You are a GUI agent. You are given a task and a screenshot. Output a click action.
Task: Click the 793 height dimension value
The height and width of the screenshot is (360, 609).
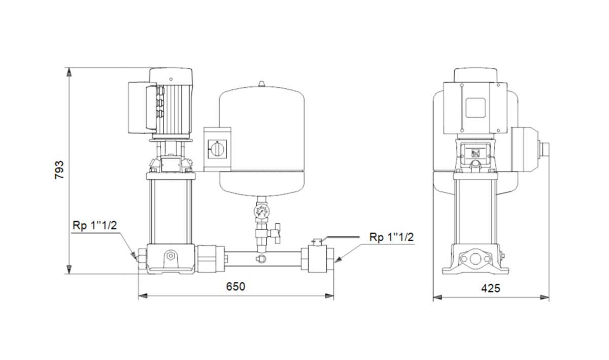point(59,170)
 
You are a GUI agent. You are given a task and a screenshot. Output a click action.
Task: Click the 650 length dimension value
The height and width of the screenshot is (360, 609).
point(235,286)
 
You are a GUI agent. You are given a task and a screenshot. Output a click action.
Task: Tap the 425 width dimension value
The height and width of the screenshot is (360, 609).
point(491,288)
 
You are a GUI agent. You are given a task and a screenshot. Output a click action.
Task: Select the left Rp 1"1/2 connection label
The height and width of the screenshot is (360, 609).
point(94,225)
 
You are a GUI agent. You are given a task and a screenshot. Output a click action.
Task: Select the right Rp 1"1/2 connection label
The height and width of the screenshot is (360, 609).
point(391,237)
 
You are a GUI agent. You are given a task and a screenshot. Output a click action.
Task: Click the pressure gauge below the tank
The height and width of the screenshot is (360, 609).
point(261,211)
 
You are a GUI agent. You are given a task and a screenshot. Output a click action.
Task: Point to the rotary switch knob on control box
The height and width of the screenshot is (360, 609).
point(217,149)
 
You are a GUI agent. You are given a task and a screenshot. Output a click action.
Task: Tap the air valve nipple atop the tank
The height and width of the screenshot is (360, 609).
point(261,84)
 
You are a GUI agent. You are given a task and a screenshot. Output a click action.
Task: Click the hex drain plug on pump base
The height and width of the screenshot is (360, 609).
point(171,256)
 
